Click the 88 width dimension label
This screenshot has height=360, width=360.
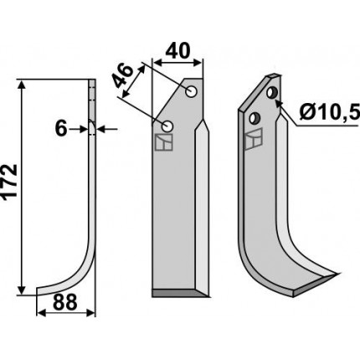(64, 302)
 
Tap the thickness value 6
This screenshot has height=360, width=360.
(61, 129)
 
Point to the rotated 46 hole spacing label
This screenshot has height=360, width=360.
(123, 76)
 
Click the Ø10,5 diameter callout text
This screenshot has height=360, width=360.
(329, 113)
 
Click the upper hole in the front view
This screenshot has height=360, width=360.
(192, 91)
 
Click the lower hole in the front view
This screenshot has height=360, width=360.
(167, 127)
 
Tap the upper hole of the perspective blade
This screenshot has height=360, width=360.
(271, 92)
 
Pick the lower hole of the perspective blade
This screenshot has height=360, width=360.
(255, 118)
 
